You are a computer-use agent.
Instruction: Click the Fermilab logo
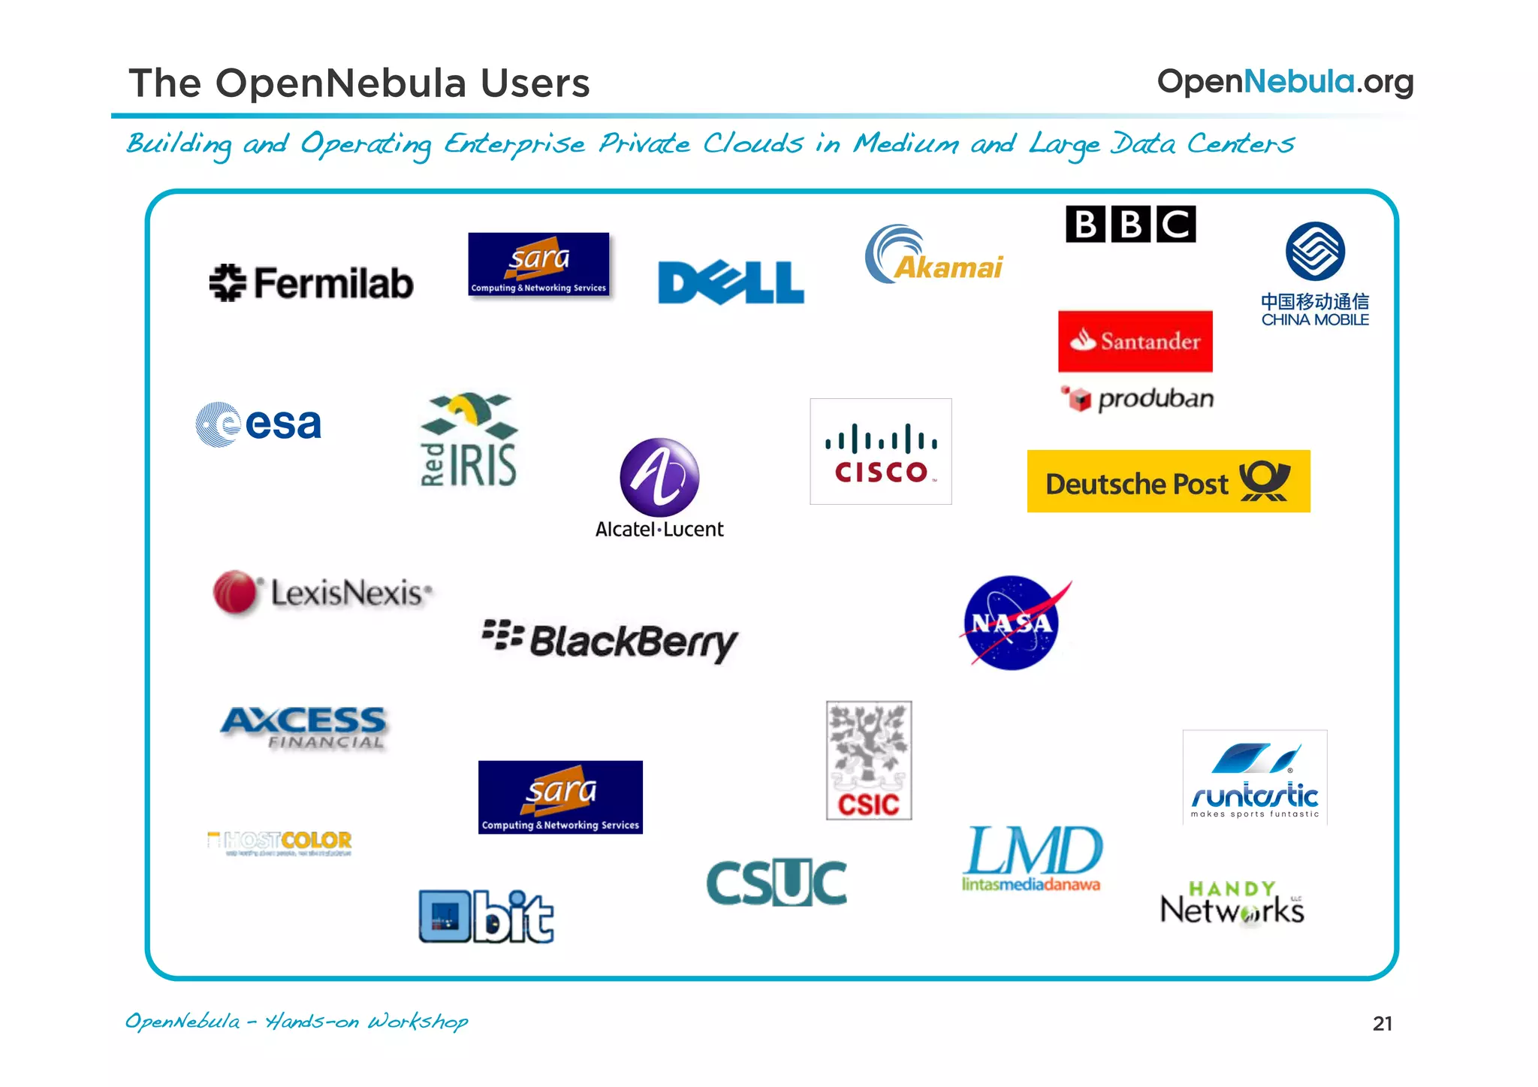coord(311,283)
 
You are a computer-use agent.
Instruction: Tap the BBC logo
coord(1130,224)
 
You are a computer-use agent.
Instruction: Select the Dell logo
coord(731,282)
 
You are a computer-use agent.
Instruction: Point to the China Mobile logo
coord(1315,273)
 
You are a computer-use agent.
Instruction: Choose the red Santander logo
coord(1135,341)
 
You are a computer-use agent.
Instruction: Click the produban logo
coord(1138,399)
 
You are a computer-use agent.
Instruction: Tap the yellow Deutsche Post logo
coord(1168,482)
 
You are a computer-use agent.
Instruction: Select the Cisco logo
coord(880,451)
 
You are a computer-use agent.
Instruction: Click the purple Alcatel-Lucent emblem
coord(659,477)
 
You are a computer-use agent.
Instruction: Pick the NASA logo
coord(1012,623)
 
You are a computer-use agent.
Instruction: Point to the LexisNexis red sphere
coord(235,592)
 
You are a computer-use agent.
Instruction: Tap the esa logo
coord(259,424)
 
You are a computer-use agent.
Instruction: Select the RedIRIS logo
coord(469,440)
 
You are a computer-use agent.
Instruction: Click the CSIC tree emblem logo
coord(869,759)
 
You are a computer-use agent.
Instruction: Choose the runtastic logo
coord(1254,778)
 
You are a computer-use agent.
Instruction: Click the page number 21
coord(1382,1024)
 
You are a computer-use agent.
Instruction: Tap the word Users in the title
coord(535,83)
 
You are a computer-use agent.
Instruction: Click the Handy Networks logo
coord(1232,903)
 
